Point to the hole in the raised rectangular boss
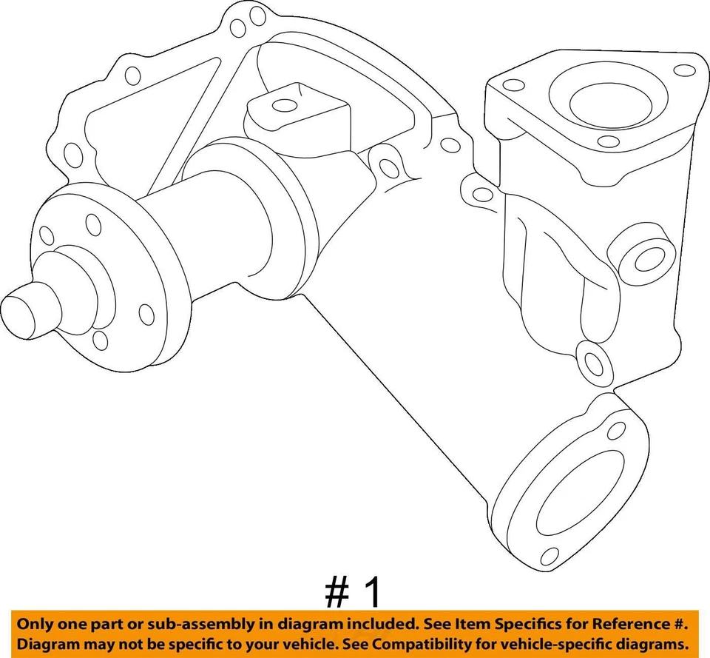pyautogui.click(x=284, y=105)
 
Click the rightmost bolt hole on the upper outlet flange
pyautogui.click(x=686, y=70)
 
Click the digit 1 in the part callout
pyautogui.click(x=374, y=593)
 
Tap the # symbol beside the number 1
pyautogui.click(x=337, y=593)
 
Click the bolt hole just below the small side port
pyautogui.click(x=592, y=361)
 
